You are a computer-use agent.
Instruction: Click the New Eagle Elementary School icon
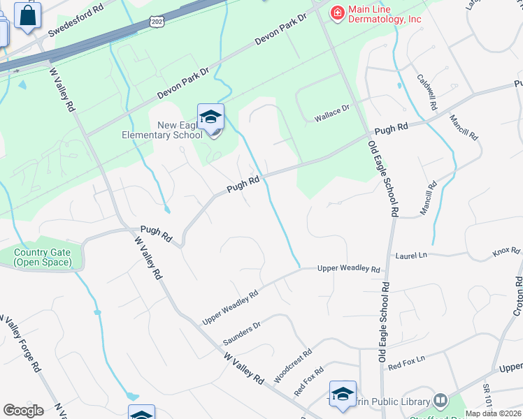pyautogui.click(x=210, y=117)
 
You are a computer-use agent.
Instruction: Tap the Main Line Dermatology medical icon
pyautogui.click(x=337, y=13)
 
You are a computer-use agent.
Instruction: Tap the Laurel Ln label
pyautogui.click(x=410, y=256)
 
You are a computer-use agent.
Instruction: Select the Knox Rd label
pyautogui.click(x=501, y=251)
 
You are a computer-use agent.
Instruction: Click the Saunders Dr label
pyautogui.click(x=241, y=332)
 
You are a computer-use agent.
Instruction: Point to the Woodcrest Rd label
pyautogui.click(x=292, y=366)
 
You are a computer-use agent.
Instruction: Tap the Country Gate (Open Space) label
pyautogui.click(x=42, y=257)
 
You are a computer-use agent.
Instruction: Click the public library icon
pyautogui.click(x=440, y=401)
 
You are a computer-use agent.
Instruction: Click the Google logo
pyautogui.click(x=23, y=411)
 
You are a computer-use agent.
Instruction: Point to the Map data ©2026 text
pyautogui.click(x=494, y=413)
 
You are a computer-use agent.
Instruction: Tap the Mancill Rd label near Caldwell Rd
pyautogui.click(x=464, y=126)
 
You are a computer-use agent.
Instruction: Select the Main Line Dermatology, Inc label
pyautogui.click(x=385, y=13)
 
